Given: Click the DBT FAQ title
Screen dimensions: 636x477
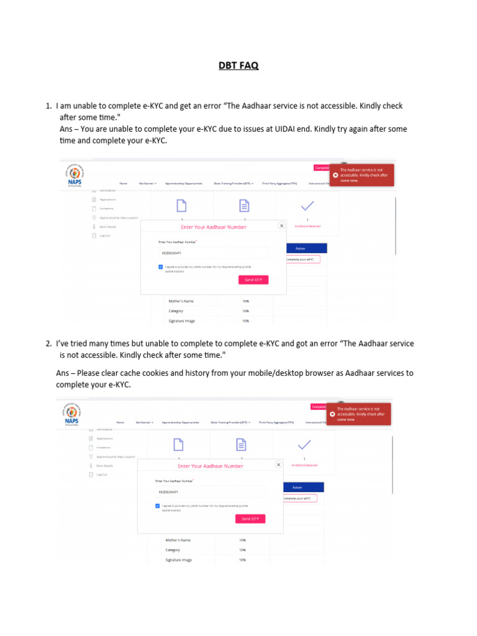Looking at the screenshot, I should coord(238,65).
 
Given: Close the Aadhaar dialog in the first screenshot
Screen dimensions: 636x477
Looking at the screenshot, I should coord(281,226).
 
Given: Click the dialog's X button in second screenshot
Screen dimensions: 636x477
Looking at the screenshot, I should coord(278,465).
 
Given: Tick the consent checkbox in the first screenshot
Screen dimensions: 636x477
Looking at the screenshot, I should coord(161,267).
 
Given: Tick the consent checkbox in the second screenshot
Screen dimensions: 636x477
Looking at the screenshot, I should coord(158,506).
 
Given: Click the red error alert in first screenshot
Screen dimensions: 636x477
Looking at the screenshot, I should coord(362,175).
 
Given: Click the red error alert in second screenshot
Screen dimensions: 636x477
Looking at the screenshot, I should coord(359,414).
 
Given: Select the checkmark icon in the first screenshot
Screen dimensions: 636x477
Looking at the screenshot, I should coord(307,206).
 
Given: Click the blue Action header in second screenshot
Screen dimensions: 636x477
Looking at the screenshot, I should coord(297,488).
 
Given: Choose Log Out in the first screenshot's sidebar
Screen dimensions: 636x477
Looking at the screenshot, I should coord(104,235).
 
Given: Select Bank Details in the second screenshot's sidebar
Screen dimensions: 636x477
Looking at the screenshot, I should coord(104,465).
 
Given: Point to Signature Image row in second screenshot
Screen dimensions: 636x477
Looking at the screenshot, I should coord(178,560).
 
